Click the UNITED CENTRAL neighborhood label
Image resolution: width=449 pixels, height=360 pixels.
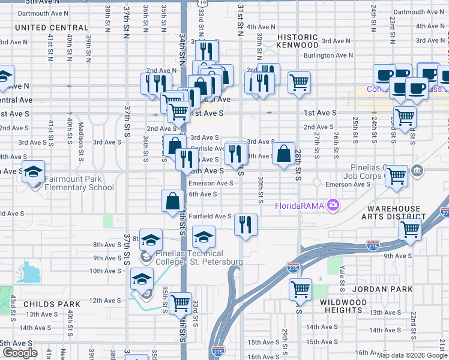[x=52, y=28]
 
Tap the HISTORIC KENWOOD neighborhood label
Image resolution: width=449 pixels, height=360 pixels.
[x=297, y=41]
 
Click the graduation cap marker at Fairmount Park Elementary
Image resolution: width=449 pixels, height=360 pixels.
[x=33, y=172]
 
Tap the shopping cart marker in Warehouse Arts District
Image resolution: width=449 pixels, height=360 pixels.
[x=410, y=229]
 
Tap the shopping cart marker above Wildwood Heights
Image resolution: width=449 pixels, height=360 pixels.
[x=300, y=290]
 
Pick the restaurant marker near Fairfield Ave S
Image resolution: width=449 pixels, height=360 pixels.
[x=246, y=224]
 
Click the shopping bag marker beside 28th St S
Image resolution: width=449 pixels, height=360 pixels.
[x=283, y=154]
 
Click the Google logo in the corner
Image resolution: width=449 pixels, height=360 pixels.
[x=19, y=353]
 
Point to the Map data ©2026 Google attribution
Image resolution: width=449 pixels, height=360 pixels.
[x=412, y=355]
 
